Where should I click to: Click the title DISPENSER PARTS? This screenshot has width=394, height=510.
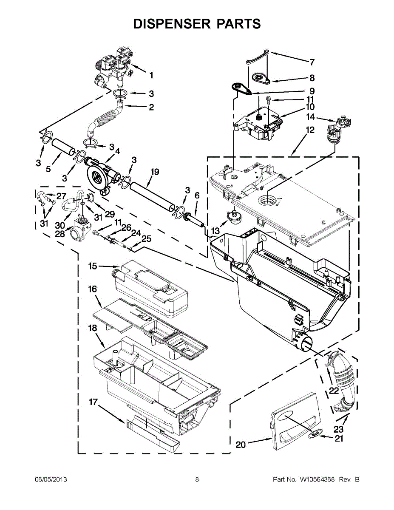pyautogui.click(x=197, y=24)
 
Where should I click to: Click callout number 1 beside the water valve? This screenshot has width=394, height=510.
pyautogui.click(x=151, y=76)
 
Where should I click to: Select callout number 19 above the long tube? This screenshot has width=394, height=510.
pyautogui.click(x=155, y=172)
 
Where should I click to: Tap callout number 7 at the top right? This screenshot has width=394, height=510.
pyautogui.click(x=312, y=62)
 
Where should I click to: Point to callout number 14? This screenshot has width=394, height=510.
pyautogui.click(x=311, y=117)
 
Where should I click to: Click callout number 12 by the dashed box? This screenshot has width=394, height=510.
pyautogui.click(x=310, y=130)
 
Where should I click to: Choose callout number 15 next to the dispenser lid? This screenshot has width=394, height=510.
pyautogui.click(x=93, y=266)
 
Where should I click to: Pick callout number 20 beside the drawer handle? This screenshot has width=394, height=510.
pyautogui.click(x=241, y=445)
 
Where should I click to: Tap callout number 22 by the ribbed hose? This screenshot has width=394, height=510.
pyautogui.click(x=334, y=390)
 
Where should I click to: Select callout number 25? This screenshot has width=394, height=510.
pyautogui.click(x=146, y=239)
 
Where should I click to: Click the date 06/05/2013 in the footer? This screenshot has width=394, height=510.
pyautogui.click(x=51, y=480)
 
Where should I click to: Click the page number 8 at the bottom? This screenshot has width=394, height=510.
pyautogui.click(x=197, y=480)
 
